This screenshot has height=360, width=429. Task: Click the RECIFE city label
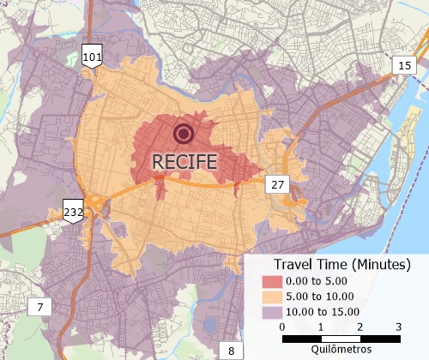[x=184, y=160]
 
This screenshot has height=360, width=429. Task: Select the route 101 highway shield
[x=92, y=57]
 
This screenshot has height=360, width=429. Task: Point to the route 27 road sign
[x=276, y=185]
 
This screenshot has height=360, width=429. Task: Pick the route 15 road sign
[x=404, y=66]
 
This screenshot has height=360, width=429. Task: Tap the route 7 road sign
[x=39, y=306]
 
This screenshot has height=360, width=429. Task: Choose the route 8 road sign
[x=229, y=350]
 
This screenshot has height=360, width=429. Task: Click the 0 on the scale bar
[x=283, y=327]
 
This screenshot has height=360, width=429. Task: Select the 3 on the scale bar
[x=398, y=327]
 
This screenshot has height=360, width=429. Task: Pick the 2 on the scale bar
[x=360, y=327]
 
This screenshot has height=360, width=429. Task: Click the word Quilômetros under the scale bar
[x=341, y=349]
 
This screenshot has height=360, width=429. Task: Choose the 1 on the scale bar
[x=321, y=327]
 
